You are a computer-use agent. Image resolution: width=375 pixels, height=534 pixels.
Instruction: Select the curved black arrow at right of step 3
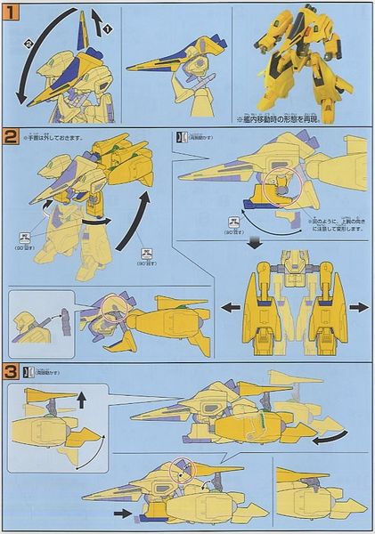click(x=333, y=435)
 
